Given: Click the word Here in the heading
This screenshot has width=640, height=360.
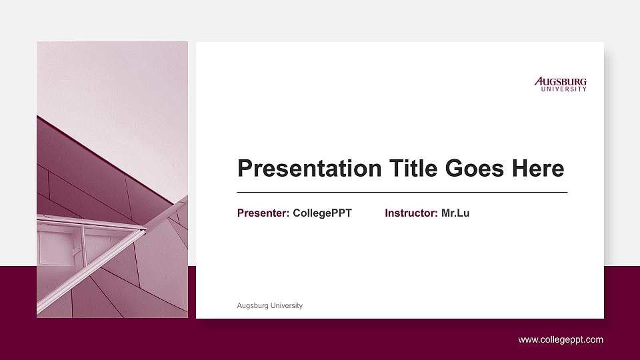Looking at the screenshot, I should (x=538, y=169).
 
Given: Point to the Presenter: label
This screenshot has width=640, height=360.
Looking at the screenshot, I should (x=263, y=213).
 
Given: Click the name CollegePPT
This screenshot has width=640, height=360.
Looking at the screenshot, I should (x=322, y=213).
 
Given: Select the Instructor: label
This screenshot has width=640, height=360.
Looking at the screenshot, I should (x=411, y=213).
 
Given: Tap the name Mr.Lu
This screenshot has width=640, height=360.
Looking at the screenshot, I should (x=455, y=213).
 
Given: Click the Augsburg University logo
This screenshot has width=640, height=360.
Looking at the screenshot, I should (x=561, y=84).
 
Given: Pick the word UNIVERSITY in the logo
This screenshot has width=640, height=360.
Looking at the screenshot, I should (x=564, y=89).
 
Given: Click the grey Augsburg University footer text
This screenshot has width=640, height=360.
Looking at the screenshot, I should (x=270, y=305).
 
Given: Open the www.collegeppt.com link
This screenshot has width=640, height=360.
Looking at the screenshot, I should (x=561, y=339).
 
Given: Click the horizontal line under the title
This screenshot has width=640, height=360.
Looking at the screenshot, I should (x=402, y=192).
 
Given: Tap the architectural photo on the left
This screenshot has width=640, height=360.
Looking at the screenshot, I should (x=112, y=179).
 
